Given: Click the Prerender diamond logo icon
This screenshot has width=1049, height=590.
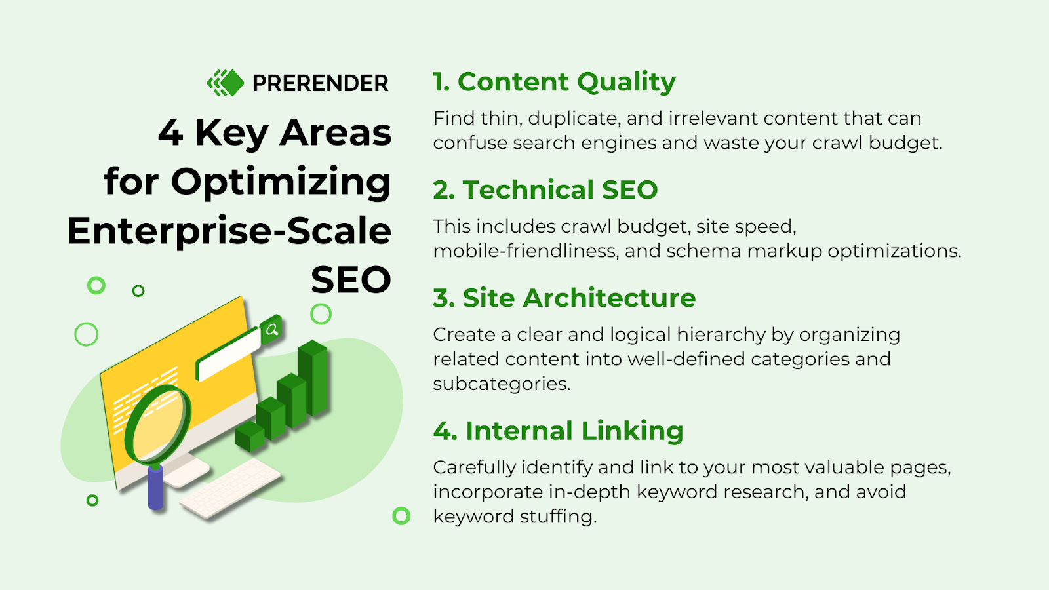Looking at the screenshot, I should click(x=226, y=83).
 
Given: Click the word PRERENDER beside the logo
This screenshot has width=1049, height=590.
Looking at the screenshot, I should click(x=320, y=84).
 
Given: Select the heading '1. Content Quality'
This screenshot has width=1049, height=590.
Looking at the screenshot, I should click(x=554, y=82).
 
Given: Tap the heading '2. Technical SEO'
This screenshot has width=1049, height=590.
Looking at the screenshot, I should click(x=545, y=190).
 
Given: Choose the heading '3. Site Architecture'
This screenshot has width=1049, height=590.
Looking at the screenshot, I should click(x=564, y=298).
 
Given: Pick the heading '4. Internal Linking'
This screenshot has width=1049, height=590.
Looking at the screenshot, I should click(x=558, y=431).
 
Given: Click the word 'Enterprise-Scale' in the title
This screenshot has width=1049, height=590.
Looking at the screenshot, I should click(x=229, y=231).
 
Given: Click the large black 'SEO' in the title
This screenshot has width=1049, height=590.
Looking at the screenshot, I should click(x=351, y=280).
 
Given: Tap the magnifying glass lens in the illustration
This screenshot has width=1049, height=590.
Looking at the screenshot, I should click(x=157, y=423).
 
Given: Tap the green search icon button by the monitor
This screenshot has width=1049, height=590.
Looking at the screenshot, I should click(x=271, y=330).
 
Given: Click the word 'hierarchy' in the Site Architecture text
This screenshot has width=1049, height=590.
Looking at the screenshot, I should click(x=721, y=335).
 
